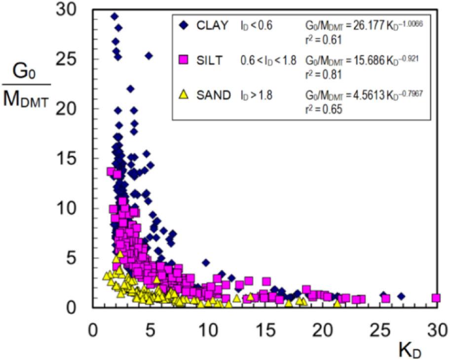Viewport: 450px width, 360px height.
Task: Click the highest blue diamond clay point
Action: pyautogui.click(x=114, y=17)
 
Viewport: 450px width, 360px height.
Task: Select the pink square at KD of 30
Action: pyautogui.click(x=436, y=298)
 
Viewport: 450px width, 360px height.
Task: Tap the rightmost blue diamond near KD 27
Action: pyautogui.click(x=401, y=296)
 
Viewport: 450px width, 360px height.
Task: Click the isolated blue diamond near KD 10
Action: pyautogui.click(x=206, y=263)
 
